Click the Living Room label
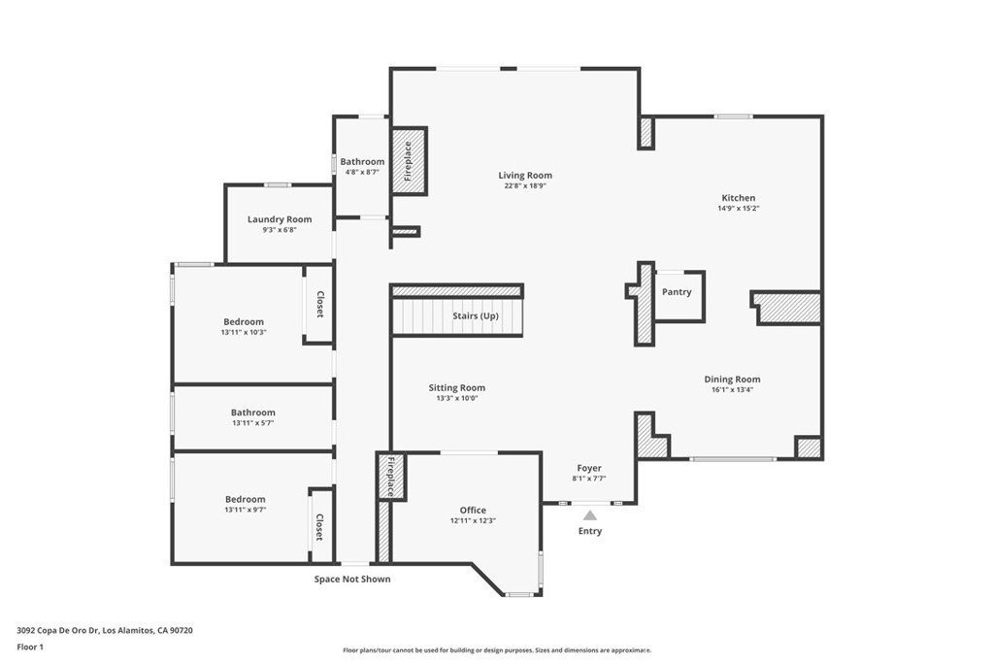coord(525,176)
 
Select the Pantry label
coord(677,291)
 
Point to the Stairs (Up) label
coord(476,316)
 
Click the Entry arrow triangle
coord(590,515)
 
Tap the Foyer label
coord(589,468)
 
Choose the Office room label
coord(473,511)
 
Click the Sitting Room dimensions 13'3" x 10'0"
coord(457,398)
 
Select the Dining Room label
coord(732,380)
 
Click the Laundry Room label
coord(280,219)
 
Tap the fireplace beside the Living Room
coord(409,161)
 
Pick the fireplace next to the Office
coord(390,476)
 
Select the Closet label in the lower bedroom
coord(318,527)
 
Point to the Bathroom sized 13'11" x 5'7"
coord(253,413)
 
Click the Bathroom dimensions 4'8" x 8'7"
coord(362,172)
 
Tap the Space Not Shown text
coord(352,580)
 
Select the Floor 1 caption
coord(32,646)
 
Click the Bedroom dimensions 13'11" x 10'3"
coord(244,332)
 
